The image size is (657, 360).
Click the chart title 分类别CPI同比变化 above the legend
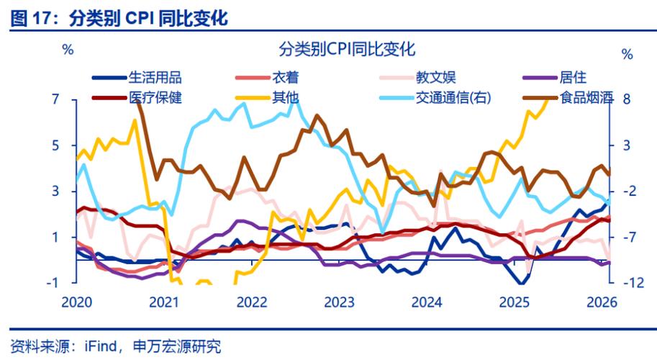[x=346, y=50]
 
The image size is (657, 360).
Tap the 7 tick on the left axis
[x=55, y=99]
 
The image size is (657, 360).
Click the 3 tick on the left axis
[x=55, y=191]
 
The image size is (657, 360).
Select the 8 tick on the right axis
[x=626, y=99]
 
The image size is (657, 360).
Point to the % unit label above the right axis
[x=627, y=55]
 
